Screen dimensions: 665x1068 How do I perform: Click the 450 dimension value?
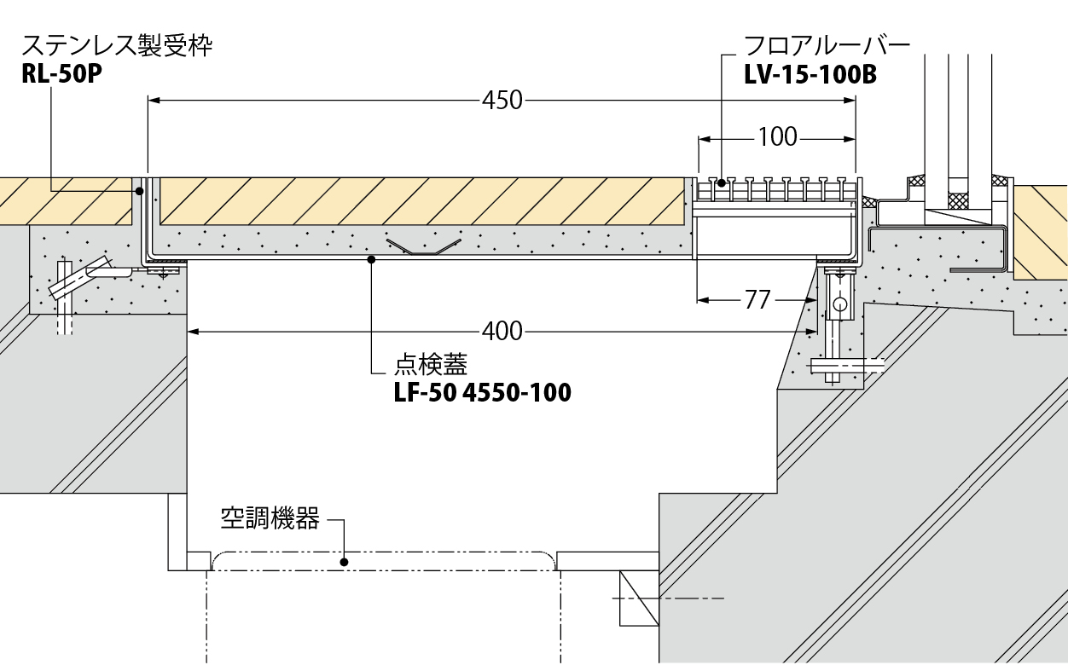coord(502,101)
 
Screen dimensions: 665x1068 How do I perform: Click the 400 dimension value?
coord(502,331)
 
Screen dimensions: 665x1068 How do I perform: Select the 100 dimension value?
coord(777,136)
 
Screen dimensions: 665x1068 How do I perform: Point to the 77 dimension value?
coord(757,299)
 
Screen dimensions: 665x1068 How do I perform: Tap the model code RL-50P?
coord(61,75)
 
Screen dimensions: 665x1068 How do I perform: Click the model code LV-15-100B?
coord(810,75)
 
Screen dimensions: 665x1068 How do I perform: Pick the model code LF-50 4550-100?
coord(482,393)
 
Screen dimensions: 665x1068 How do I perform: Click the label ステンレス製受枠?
coord(117,45)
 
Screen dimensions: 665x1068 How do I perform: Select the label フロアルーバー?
coord(827,45)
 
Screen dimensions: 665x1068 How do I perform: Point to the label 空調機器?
coord(270,518)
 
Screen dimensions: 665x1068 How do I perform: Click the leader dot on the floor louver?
coord(722,182)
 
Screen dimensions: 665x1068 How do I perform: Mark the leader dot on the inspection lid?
coord(372,259)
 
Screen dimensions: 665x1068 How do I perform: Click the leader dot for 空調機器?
coord(344,562)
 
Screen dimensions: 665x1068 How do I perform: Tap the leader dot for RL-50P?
coord(138,191)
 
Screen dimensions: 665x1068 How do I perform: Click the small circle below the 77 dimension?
coord(839,304)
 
